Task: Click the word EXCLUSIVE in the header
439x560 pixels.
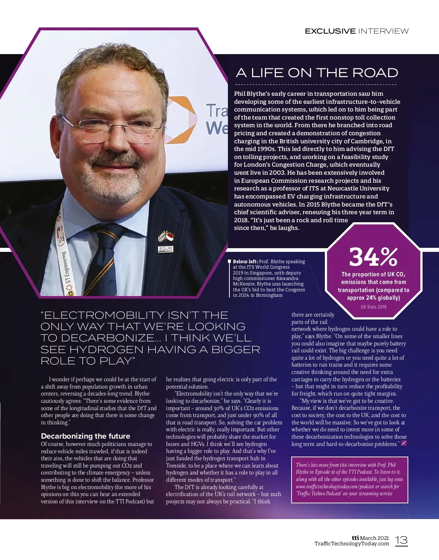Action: pyautogui.click(x=330, y=31)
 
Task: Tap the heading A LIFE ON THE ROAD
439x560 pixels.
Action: pyautogui.click(x=317, y=73)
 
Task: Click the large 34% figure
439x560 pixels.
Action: pyautogui.click(x=373, y=257)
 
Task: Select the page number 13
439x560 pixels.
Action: pyautogui.click(x=401, y=540)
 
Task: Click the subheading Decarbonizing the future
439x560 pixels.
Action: pyautogui.click(x=85, y=436)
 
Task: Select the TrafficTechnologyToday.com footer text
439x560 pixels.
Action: pyautogui.click(x=352, y=544)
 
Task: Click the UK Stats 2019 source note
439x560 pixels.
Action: pyautogui.click(x=373, y=307)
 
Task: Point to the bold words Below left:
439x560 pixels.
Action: pyautogui.click(x=245, y=261)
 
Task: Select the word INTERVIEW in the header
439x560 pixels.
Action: pyautogui.click(x=383, y=31)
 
